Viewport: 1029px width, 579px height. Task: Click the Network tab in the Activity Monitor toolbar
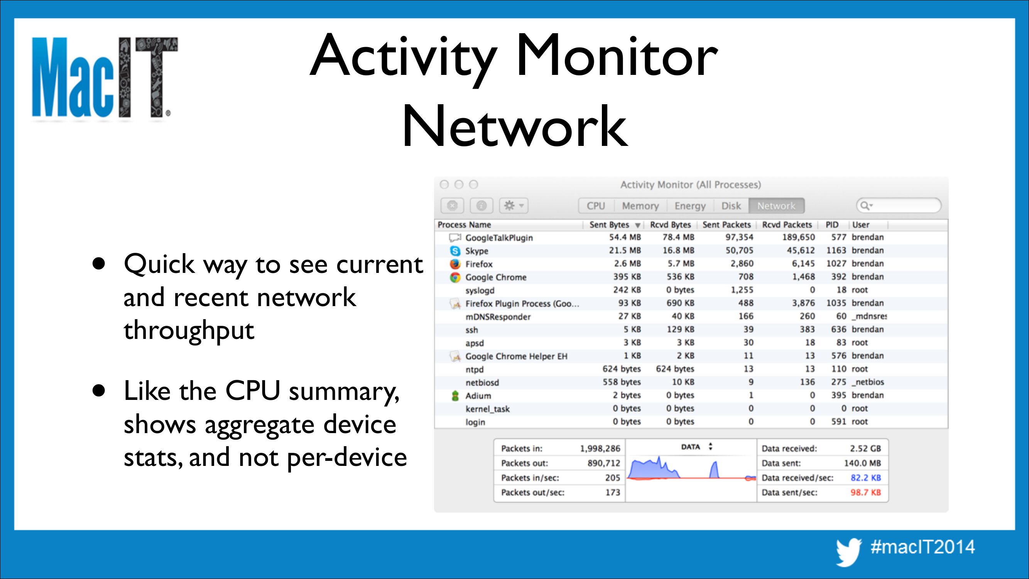[x=776, y=206]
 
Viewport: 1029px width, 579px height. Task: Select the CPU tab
[x=596, y=206]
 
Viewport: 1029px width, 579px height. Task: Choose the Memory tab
[x=640, y=206]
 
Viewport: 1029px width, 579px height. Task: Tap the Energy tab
[x=690, y=206]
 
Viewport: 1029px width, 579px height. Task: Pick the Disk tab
[x=731, y=206]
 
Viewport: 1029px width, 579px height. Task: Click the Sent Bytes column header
[x=609, y=225]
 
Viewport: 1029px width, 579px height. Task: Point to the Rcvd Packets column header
[x=787, y=225]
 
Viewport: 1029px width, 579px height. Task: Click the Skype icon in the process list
[x=455, y=251]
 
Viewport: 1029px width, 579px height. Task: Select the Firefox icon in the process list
[x=455, y=264]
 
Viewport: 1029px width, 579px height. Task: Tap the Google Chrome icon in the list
[x=455, y=277]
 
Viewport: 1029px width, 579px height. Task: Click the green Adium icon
[x=455, y=396]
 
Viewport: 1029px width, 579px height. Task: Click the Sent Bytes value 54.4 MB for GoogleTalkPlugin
[x=625, y=237]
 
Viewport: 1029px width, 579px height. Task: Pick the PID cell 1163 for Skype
[x=836, y=251]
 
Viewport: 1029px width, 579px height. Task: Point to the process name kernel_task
[x=487, y=409]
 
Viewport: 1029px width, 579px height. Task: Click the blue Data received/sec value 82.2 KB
[x=866, y=477]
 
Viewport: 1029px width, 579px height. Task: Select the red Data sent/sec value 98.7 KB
[x=866, y=492]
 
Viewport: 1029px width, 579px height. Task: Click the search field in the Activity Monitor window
[x=899, y=206]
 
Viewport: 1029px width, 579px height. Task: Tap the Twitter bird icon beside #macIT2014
[x=849, y=552]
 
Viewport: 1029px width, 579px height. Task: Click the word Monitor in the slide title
[x=617, y=56]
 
